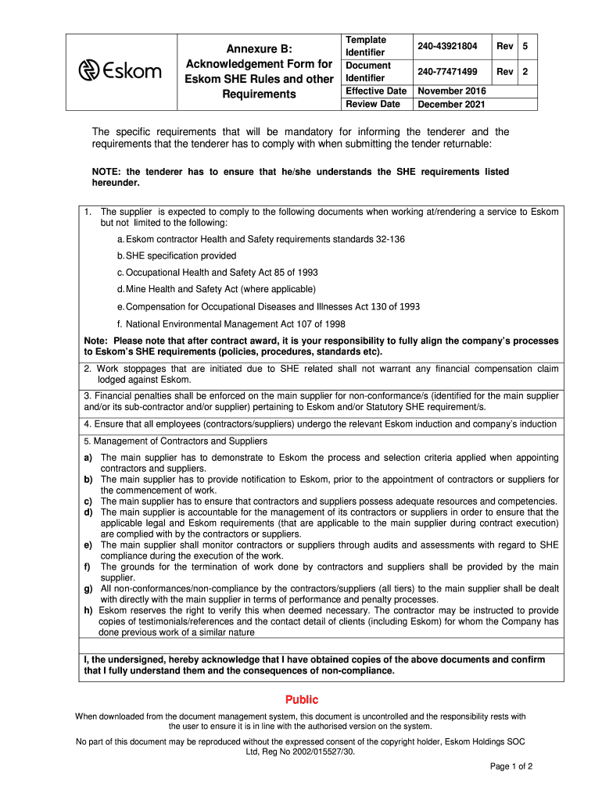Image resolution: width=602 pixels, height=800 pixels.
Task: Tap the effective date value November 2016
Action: click(451, 91)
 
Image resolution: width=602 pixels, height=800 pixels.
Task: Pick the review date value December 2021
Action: click(451, 104)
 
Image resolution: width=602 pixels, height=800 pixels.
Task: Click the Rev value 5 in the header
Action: click(525, 47)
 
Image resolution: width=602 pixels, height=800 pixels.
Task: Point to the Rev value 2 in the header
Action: click(525, 72)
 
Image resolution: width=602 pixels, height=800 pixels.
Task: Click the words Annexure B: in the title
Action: click(258, 48)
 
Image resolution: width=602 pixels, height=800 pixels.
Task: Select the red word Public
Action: click(301, 700)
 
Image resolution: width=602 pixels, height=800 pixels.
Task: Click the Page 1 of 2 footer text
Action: click(511, 766)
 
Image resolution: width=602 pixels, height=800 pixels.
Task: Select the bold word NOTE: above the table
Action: click(107, 172)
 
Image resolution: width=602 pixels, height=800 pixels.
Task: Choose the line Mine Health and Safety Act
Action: click(216, 289)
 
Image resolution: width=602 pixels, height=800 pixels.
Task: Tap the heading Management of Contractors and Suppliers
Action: click(181, 441)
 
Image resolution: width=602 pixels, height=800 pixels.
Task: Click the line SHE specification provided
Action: click(177, 255)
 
